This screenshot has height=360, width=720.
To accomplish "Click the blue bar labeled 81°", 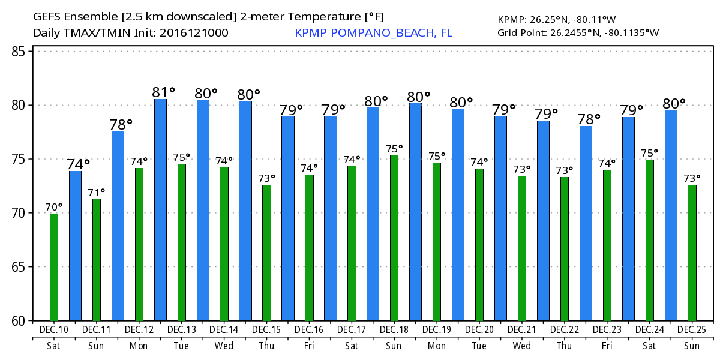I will tap(160, 210).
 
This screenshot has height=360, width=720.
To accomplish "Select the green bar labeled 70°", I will tap(54, 267).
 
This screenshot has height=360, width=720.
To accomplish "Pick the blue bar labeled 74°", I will tap(75, 246).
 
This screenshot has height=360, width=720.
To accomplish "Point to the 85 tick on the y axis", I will tap(20, 52).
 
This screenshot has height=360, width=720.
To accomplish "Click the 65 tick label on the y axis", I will tap(20, 267).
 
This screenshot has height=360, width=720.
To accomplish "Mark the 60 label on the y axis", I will tap(20, 321).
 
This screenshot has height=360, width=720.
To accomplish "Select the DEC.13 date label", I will tap(182, 330).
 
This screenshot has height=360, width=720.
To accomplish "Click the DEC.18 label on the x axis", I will tap(395, 330).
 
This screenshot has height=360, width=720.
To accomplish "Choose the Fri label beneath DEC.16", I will tap(310, 346).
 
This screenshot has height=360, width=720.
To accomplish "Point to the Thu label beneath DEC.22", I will tap(565, 346).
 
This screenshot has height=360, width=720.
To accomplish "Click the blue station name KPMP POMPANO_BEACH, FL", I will tap(373, 32).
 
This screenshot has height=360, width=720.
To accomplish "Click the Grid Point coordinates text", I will tap(578, 32).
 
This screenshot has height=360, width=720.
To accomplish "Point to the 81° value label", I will tap(163, 92).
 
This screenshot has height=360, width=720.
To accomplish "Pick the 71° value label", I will tap(97, 193).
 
